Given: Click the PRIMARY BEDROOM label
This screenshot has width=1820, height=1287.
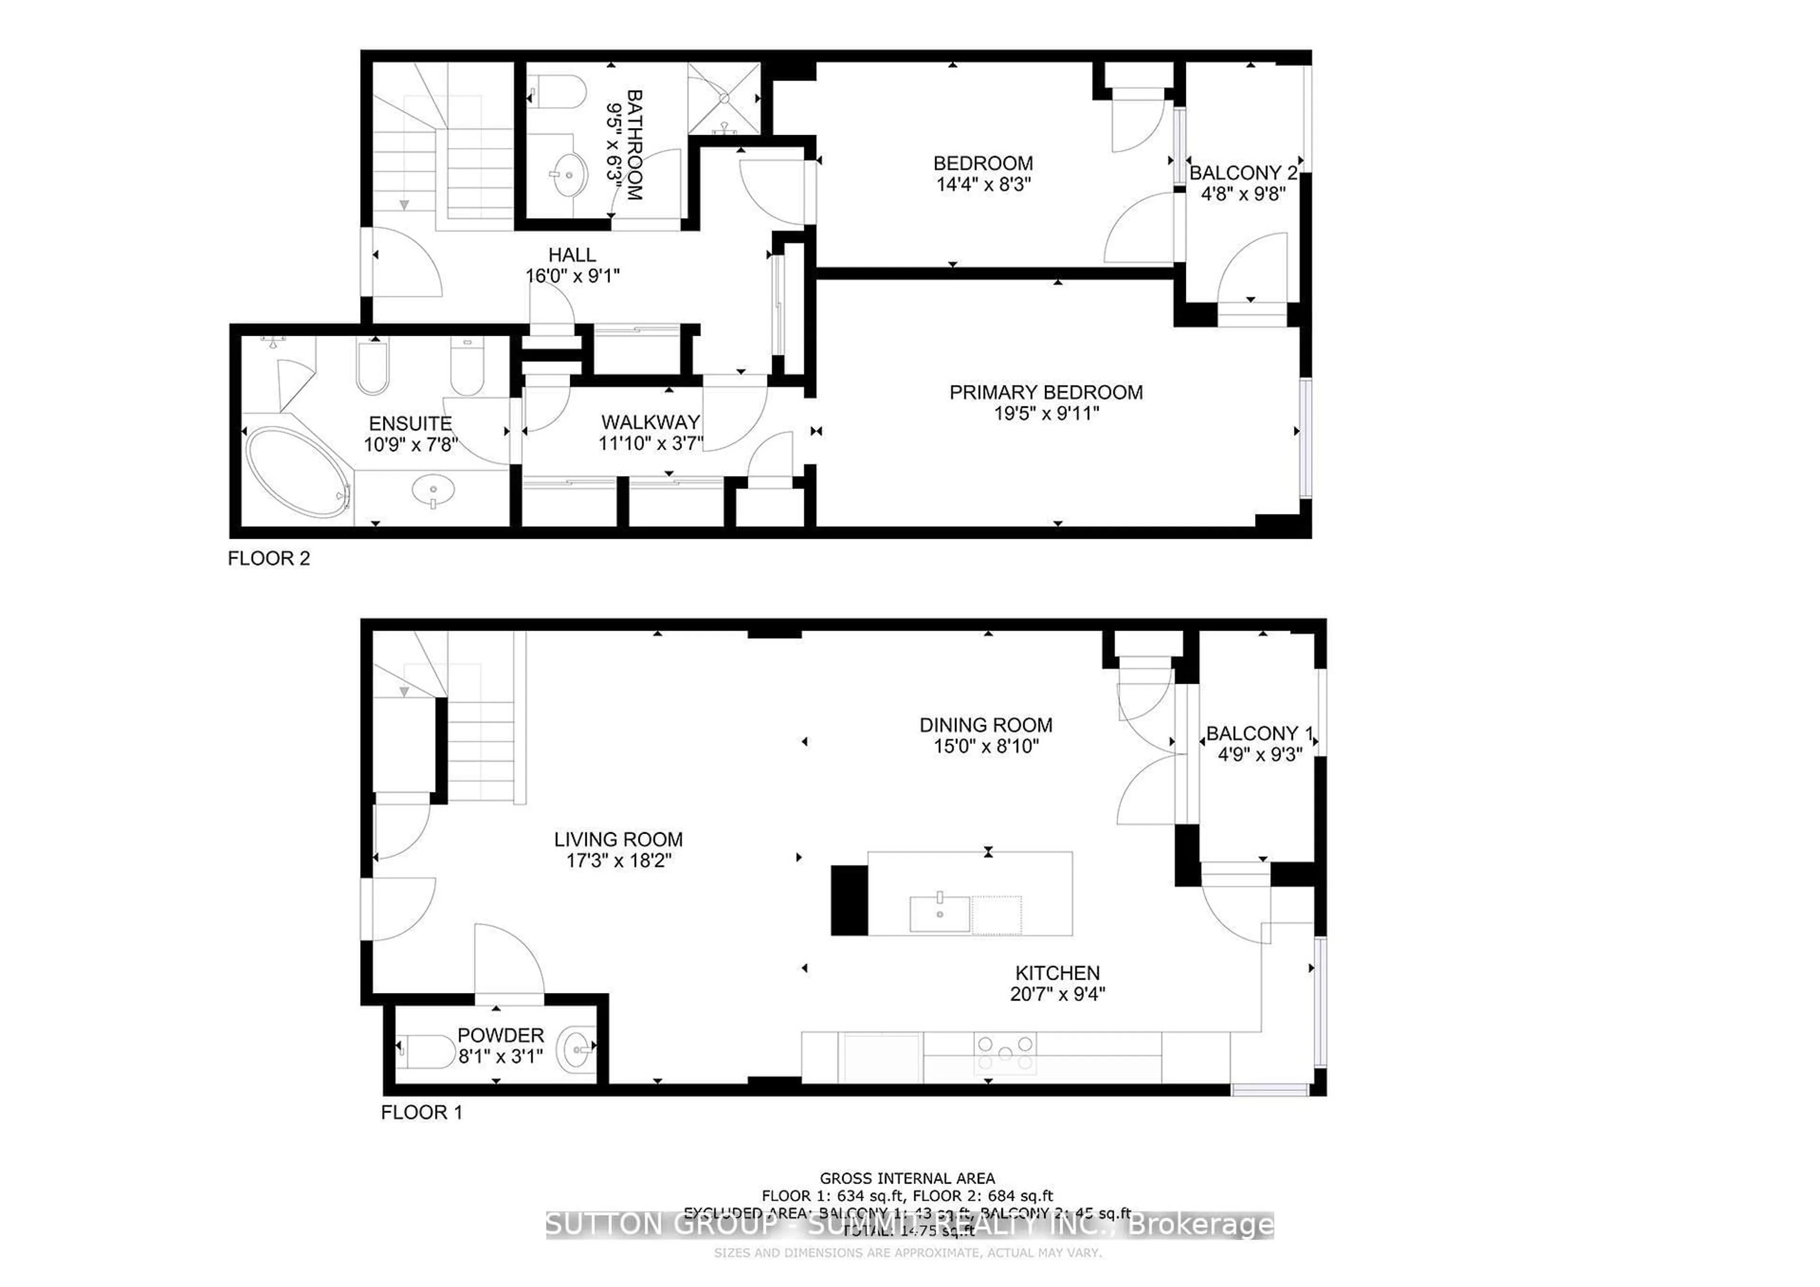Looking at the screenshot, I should [x=1046, y=393].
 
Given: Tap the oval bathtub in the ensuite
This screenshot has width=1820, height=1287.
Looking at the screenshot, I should [x=297, y=473].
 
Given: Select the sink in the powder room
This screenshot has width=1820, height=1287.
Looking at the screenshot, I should [x=576, y=1048].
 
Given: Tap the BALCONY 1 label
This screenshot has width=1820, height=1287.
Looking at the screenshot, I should [x=1259, y=734].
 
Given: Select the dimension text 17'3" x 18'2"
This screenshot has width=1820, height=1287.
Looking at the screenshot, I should [x=619, y=860].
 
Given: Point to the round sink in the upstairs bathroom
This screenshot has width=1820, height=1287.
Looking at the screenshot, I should [x=568, y=175].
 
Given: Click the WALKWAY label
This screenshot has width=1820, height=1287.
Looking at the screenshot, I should [x=650, y=422].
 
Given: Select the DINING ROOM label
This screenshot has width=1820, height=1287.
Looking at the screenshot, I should [x=985, y=725].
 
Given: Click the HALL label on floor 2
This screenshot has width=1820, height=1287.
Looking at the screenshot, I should [x=572, y=255].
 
